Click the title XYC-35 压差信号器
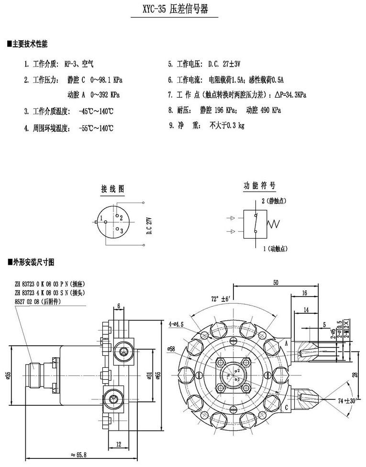pyautogui.click(x=175, y=10)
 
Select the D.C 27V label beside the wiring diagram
pyautogui.click(x=149, y=226)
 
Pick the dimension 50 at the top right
pyautogui.click(x=276, y=283)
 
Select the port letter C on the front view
pyautogui.click(x=286, y=407)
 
